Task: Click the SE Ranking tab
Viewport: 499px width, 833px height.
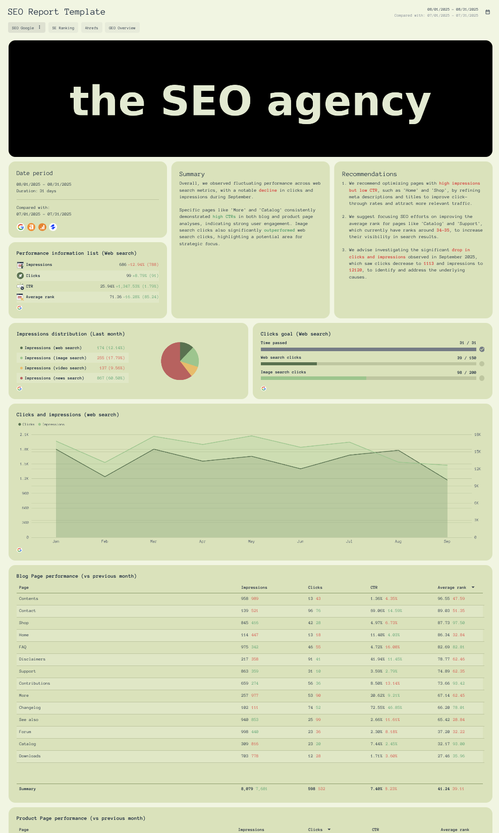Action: coord(63,28)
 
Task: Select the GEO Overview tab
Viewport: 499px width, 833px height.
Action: coord(122,28)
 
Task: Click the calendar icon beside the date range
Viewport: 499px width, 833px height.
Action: coord(487,12)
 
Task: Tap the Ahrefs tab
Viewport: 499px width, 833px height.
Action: coord(91,28)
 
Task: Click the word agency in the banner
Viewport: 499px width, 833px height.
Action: coord(349,101)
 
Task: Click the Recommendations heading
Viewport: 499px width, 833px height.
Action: coord(369,174)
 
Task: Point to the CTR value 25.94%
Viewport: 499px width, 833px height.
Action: coord(107,287)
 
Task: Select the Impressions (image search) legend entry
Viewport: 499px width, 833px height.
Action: coord(55,358)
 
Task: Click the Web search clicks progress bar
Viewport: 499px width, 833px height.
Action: coord(368,364)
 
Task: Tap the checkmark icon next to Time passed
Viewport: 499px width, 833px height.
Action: coord(482,349)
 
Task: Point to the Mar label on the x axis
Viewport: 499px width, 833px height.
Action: coord(153,541)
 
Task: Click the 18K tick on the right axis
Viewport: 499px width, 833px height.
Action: coord(477,434)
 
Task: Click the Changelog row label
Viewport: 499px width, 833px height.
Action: coord(30,707)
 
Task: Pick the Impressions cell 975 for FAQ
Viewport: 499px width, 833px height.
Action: coord(245,647)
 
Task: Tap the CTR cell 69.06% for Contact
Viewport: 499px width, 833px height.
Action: coord(376,610)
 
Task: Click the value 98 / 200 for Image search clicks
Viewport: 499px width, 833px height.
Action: coord(466,372)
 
